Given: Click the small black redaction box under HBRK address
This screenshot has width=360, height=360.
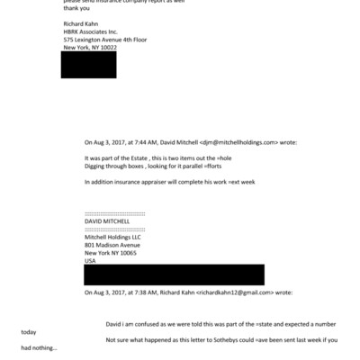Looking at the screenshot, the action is click(x=88, y=65).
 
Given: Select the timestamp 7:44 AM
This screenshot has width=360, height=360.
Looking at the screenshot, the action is click(x=139, y=142).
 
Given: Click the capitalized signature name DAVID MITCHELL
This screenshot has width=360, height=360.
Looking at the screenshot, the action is click(x=107, y=220).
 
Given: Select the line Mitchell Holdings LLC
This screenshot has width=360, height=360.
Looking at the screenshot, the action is click(x=113, y=237).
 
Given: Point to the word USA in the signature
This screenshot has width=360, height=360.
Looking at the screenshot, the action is click(x=90, y=261).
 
